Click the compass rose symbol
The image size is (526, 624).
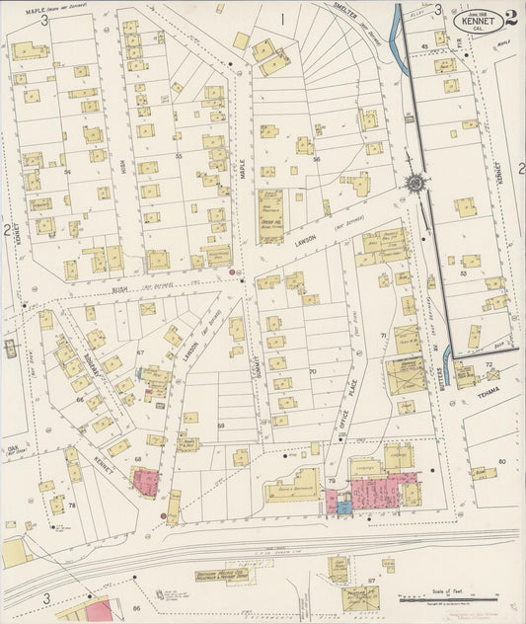point(413,182)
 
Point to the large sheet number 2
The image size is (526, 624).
point(510,18)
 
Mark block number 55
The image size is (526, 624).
point(179,156)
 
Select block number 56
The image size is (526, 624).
point(317,158)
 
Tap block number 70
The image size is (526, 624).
point(312,372)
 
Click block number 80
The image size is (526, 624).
point(501,461)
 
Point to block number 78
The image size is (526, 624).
point(72,505)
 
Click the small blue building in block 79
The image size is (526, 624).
point(343,507)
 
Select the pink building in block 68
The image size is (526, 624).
point(145,483)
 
